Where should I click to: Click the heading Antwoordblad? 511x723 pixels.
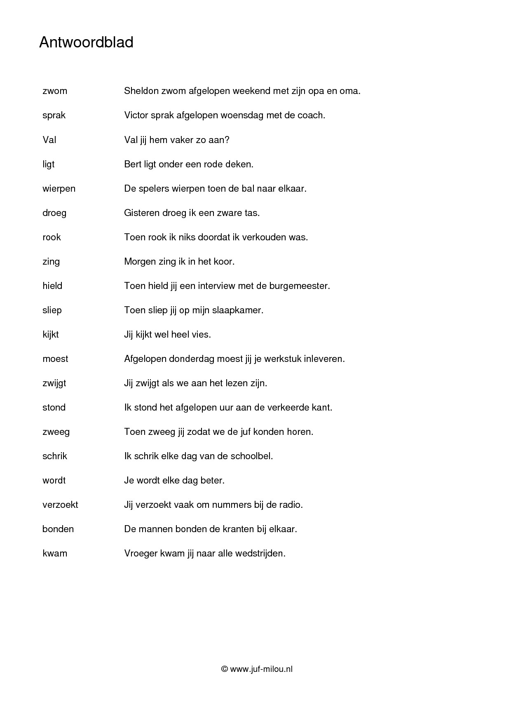coord(86,43)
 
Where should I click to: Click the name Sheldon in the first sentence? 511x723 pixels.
coord(141,91)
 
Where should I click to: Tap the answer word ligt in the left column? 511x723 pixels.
coord(49,164)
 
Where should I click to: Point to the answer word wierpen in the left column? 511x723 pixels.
coord(59,189)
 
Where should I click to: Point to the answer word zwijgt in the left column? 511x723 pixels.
coord(54,383)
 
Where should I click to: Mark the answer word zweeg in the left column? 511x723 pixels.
coord(56,432)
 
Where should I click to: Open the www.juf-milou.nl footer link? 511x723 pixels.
coord(261,669)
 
